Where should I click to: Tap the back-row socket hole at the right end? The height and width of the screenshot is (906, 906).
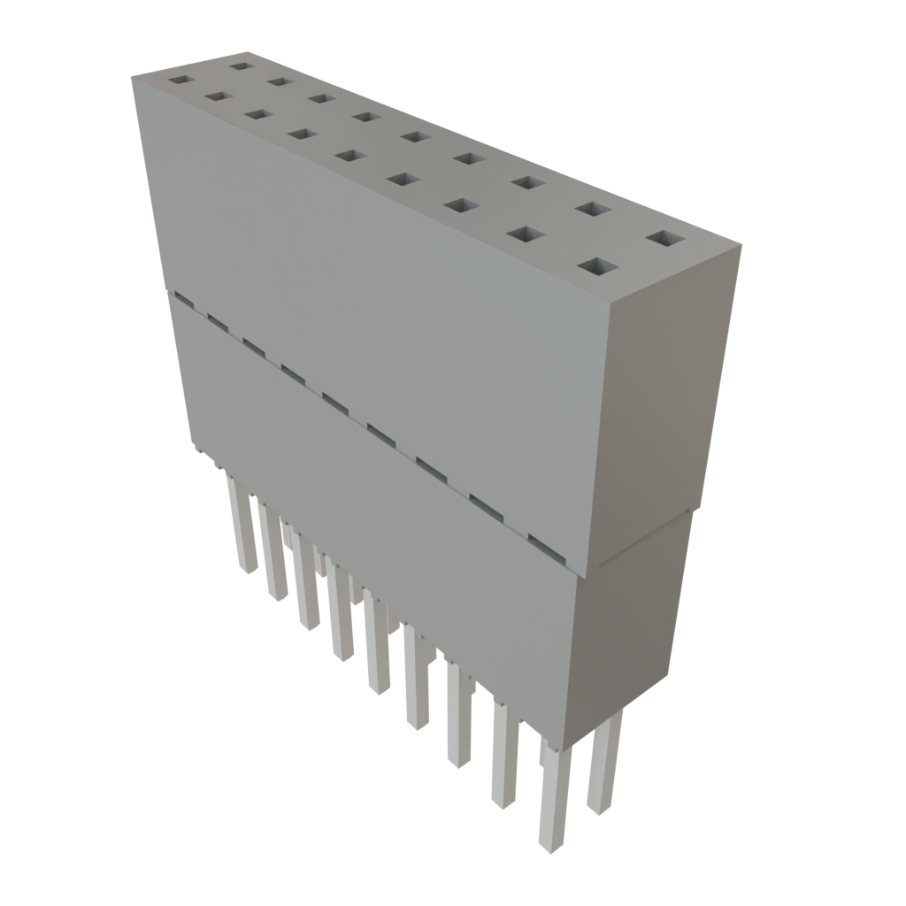coord(666,239)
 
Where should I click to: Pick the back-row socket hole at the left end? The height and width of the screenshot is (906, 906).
coord(238,65)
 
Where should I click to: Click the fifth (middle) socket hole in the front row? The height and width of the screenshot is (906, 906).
coord(350,156)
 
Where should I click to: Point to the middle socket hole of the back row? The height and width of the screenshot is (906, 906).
coord(412,136)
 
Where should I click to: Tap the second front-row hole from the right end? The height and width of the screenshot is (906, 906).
coord(526,234)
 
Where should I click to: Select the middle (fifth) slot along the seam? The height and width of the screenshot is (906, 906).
coord(334,403)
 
